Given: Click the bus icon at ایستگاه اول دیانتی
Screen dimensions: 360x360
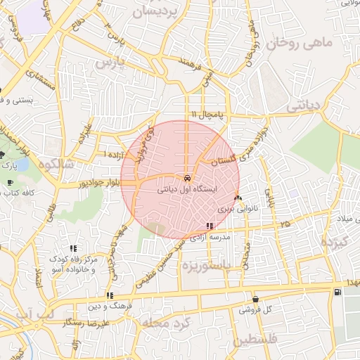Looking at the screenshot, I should tap(186, 179).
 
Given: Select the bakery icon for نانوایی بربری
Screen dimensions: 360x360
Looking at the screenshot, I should tap(238, 198).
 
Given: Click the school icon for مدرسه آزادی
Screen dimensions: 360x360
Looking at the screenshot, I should tap(210, 225).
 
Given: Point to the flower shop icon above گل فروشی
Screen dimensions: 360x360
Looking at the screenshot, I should tap(255, 299).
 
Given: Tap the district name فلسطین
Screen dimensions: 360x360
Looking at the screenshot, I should tap(257, 340).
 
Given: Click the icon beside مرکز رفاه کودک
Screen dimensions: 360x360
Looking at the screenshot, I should tap(73, 248).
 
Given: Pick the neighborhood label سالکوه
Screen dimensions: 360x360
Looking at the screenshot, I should tap(58, 165).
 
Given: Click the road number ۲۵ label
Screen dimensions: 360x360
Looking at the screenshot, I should tap(285, 224).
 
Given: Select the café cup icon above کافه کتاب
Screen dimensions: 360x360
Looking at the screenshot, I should tap(9, 183).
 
